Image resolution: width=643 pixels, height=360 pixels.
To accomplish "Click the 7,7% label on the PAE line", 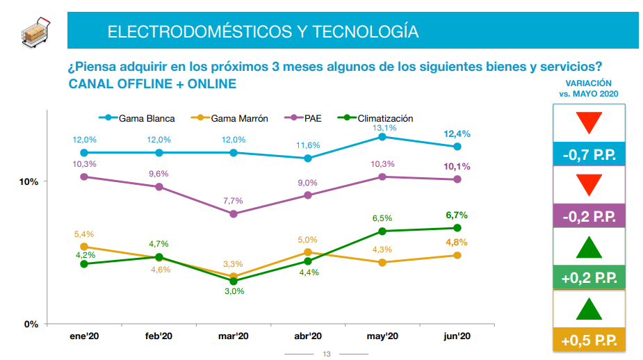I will pyautogui.click(x=233, y=201).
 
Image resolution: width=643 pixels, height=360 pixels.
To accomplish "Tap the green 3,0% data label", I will pyautogui.click(x=233, y=291).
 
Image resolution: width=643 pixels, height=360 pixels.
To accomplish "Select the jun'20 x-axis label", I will pyautogui.click(x=457, y=336).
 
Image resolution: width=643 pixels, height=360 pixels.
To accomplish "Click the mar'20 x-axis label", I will pyautogui.click(x=233, y=336).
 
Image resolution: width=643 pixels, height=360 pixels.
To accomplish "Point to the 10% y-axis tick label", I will pyautogui.click(x=29, y=181).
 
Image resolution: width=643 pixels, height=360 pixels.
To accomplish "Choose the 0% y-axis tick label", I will pyautogui.click(x=31, y=324).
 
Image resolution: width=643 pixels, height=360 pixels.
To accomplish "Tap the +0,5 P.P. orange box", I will pyautogui.click(x=589, y=341).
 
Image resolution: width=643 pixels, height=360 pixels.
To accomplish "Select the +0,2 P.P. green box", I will pyautogui.click(x=589, y=278).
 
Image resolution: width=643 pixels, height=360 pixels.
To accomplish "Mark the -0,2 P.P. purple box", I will pyautogui.click(x=589, y=216).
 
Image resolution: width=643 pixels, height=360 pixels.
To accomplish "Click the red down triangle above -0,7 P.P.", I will pyautogui.click(x=589, y=123).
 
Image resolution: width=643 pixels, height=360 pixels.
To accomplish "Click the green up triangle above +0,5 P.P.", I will pyautogui.click(x=589, y=309).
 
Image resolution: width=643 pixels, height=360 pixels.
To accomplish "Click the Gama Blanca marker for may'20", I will pyautogui.click(x=382, y=137).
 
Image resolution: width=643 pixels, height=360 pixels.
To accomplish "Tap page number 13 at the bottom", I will pyautogui.click(x=327, y=354).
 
